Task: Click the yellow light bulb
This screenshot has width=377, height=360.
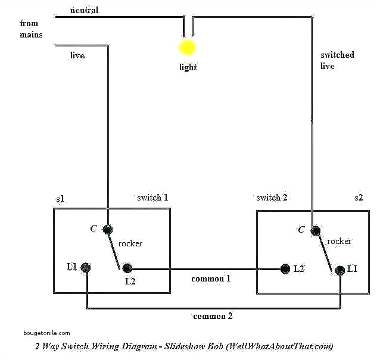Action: click(x=188, y=47)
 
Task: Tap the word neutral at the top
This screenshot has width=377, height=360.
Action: click(x=85, y=10)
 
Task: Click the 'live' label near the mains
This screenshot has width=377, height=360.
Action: click(x=77, y=55)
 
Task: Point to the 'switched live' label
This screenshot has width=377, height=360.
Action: click(x=337, y=60)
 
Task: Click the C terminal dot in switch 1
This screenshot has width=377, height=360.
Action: click(x=108, y=230)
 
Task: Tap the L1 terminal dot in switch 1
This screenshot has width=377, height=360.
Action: click(x=86, y=267)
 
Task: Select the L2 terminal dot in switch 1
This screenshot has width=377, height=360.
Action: click(x=127, y=269)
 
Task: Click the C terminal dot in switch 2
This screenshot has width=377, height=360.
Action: click(x=316, y=230)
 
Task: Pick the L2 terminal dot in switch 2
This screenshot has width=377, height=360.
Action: click(x=285, y=269)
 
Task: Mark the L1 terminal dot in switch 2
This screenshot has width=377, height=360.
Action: click(x=339, y=270)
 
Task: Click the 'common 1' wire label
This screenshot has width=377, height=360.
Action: click(x=211, y=278)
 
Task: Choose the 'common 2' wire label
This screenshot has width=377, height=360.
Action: click(x=213, y=316)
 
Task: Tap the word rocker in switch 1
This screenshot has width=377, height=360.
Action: click(x=130, y=244)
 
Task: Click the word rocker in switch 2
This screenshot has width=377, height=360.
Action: click(x=339, y=241)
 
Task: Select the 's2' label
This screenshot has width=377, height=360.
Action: click(x=358, y=197)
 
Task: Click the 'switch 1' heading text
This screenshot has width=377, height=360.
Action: click(x=153, y=197)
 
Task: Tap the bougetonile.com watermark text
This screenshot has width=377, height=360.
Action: click(x=46, y=333)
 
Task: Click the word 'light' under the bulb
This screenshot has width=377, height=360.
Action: click(x=188, y=67)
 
